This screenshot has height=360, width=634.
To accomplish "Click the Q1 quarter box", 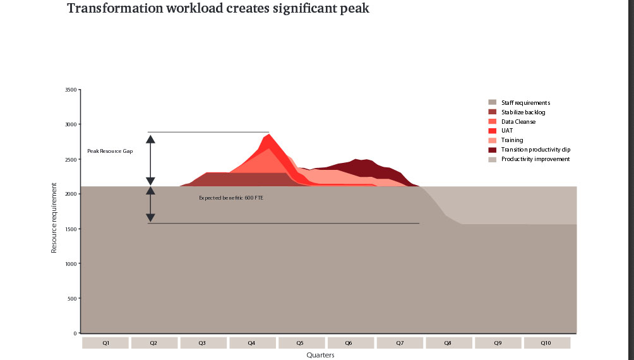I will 105,343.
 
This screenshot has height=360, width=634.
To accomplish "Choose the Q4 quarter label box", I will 252,343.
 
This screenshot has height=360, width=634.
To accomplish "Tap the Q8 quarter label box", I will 448,343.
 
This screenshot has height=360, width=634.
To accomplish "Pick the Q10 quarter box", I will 546,343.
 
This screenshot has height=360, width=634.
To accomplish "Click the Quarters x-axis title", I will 320,355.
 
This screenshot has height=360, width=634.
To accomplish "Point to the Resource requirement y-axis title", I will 54,218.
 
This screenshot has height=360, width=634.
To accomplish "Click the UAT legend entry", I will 507,131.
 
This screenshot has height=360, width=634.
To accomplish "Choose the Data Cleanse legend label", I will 518,121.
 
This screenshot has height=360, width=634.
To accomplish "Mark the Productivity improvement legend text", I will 535,159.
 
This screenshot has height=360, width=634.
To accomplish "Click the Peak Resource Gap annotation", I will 110,152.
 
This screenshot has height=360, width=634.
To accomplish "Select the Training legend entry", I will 512,140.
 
